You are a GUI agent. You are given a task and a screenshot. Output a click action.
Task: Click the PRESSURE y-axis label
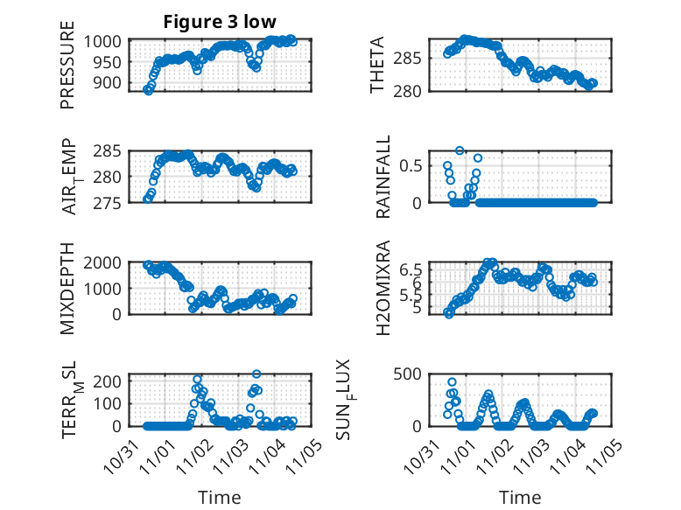pos(68,71)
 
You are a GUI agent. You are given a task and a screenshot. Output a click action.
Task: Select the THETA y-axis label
pos(376,65)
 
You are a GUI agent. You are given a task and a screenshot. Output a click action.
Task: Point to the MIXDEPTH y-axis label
pos(68,290)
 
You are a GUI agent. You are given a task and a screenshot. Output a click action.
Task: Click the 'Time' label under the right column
pos(520,497)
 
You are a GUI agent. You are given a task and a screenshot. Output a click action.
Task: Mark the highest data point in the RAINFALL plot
pos(460,150)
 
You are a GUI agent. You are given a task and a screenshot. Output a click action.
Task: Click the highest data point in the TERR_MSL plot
pos(256,374)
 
